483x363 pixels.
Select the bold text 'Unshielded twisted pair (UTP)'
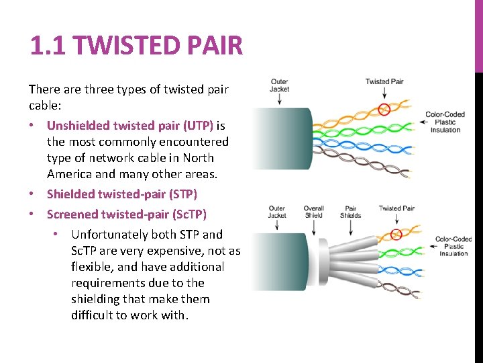[130, 126]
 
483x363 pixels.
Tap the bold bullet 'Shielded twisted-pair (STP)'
[121, 194]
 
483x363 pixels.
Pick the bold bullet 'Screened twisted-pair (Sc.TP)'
[127, 214]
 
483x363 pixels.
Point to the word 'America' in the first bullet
[69, 174]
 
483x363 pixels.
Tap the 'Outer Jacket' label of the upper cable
[279, 85]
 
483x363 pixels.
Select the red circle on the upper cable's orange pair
[383, 110]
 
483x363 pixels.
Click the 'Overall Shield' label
[313, 212]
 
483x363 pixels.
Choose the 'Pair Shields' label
[350, 212]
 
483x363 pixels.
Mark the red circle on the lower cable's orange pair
[396, 234]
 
